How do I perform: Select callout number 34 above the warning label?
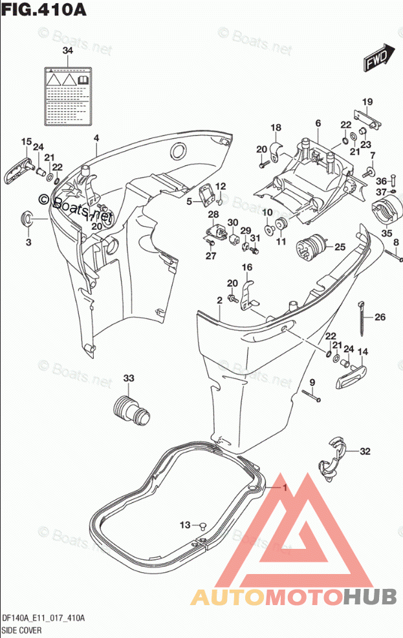pyautogui.click(x=68, y=50)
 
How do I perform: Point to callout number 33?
pyautogui.click(x=128, y=378)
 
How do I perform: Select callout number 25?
pyautogui.click(x=340, y=247)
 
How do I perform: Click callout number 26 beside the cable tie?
pyautogui.click(x=380, y=317)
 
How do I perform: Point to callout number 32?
pyautogui.click(x=366, y=451)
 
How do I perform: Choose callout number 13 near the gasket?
pyautogui.click(x=186, y=524)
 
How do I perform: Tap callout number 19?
pyautogui.click(x=367, y=102)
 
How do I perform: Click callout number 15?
pyautogui.click(x=26, y=142)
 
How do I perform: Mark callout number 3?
pyautogui.click(x=28, y=242)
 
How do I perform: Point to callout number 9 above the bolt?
pyautogui.click(x=311, y=383)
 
